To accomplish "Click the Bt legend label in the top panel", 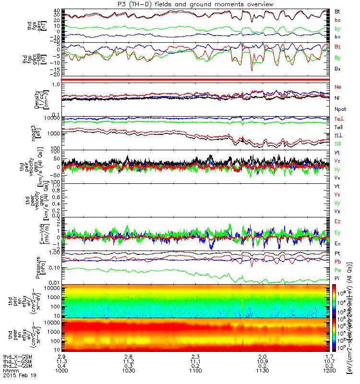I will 337,11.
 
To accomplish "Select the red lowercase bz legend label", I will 337,20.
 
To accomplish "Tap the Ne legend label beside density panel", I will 338,87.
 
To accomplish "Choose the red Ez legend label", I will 338,222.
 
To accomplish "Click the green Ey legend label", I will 338,233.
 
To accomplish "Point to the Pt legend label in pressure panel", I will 337,253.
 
